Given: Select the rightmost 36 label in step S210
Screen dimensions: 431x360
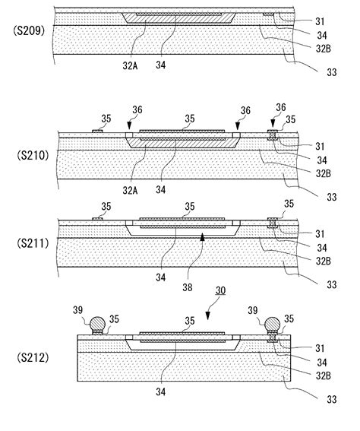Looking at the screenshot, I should click(x=279, y=109).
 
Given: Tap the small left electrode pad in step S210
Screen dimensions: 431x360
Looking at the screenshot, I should click(x=97, y=130).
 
